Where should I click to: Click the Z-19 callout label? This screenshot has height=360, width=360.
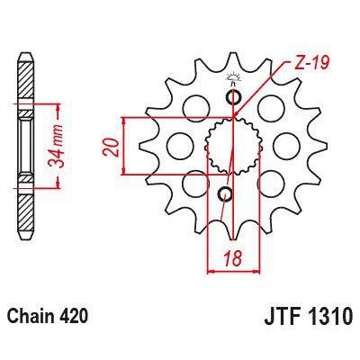click(310, 63)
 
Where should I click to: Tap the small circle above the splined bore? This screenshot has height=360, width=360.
click(236, 97)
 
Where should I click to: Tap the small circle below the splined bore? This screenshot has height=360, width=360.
click(226, 193)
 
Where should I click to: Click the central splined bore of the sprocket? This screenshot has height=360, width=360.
click(230, 146)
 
